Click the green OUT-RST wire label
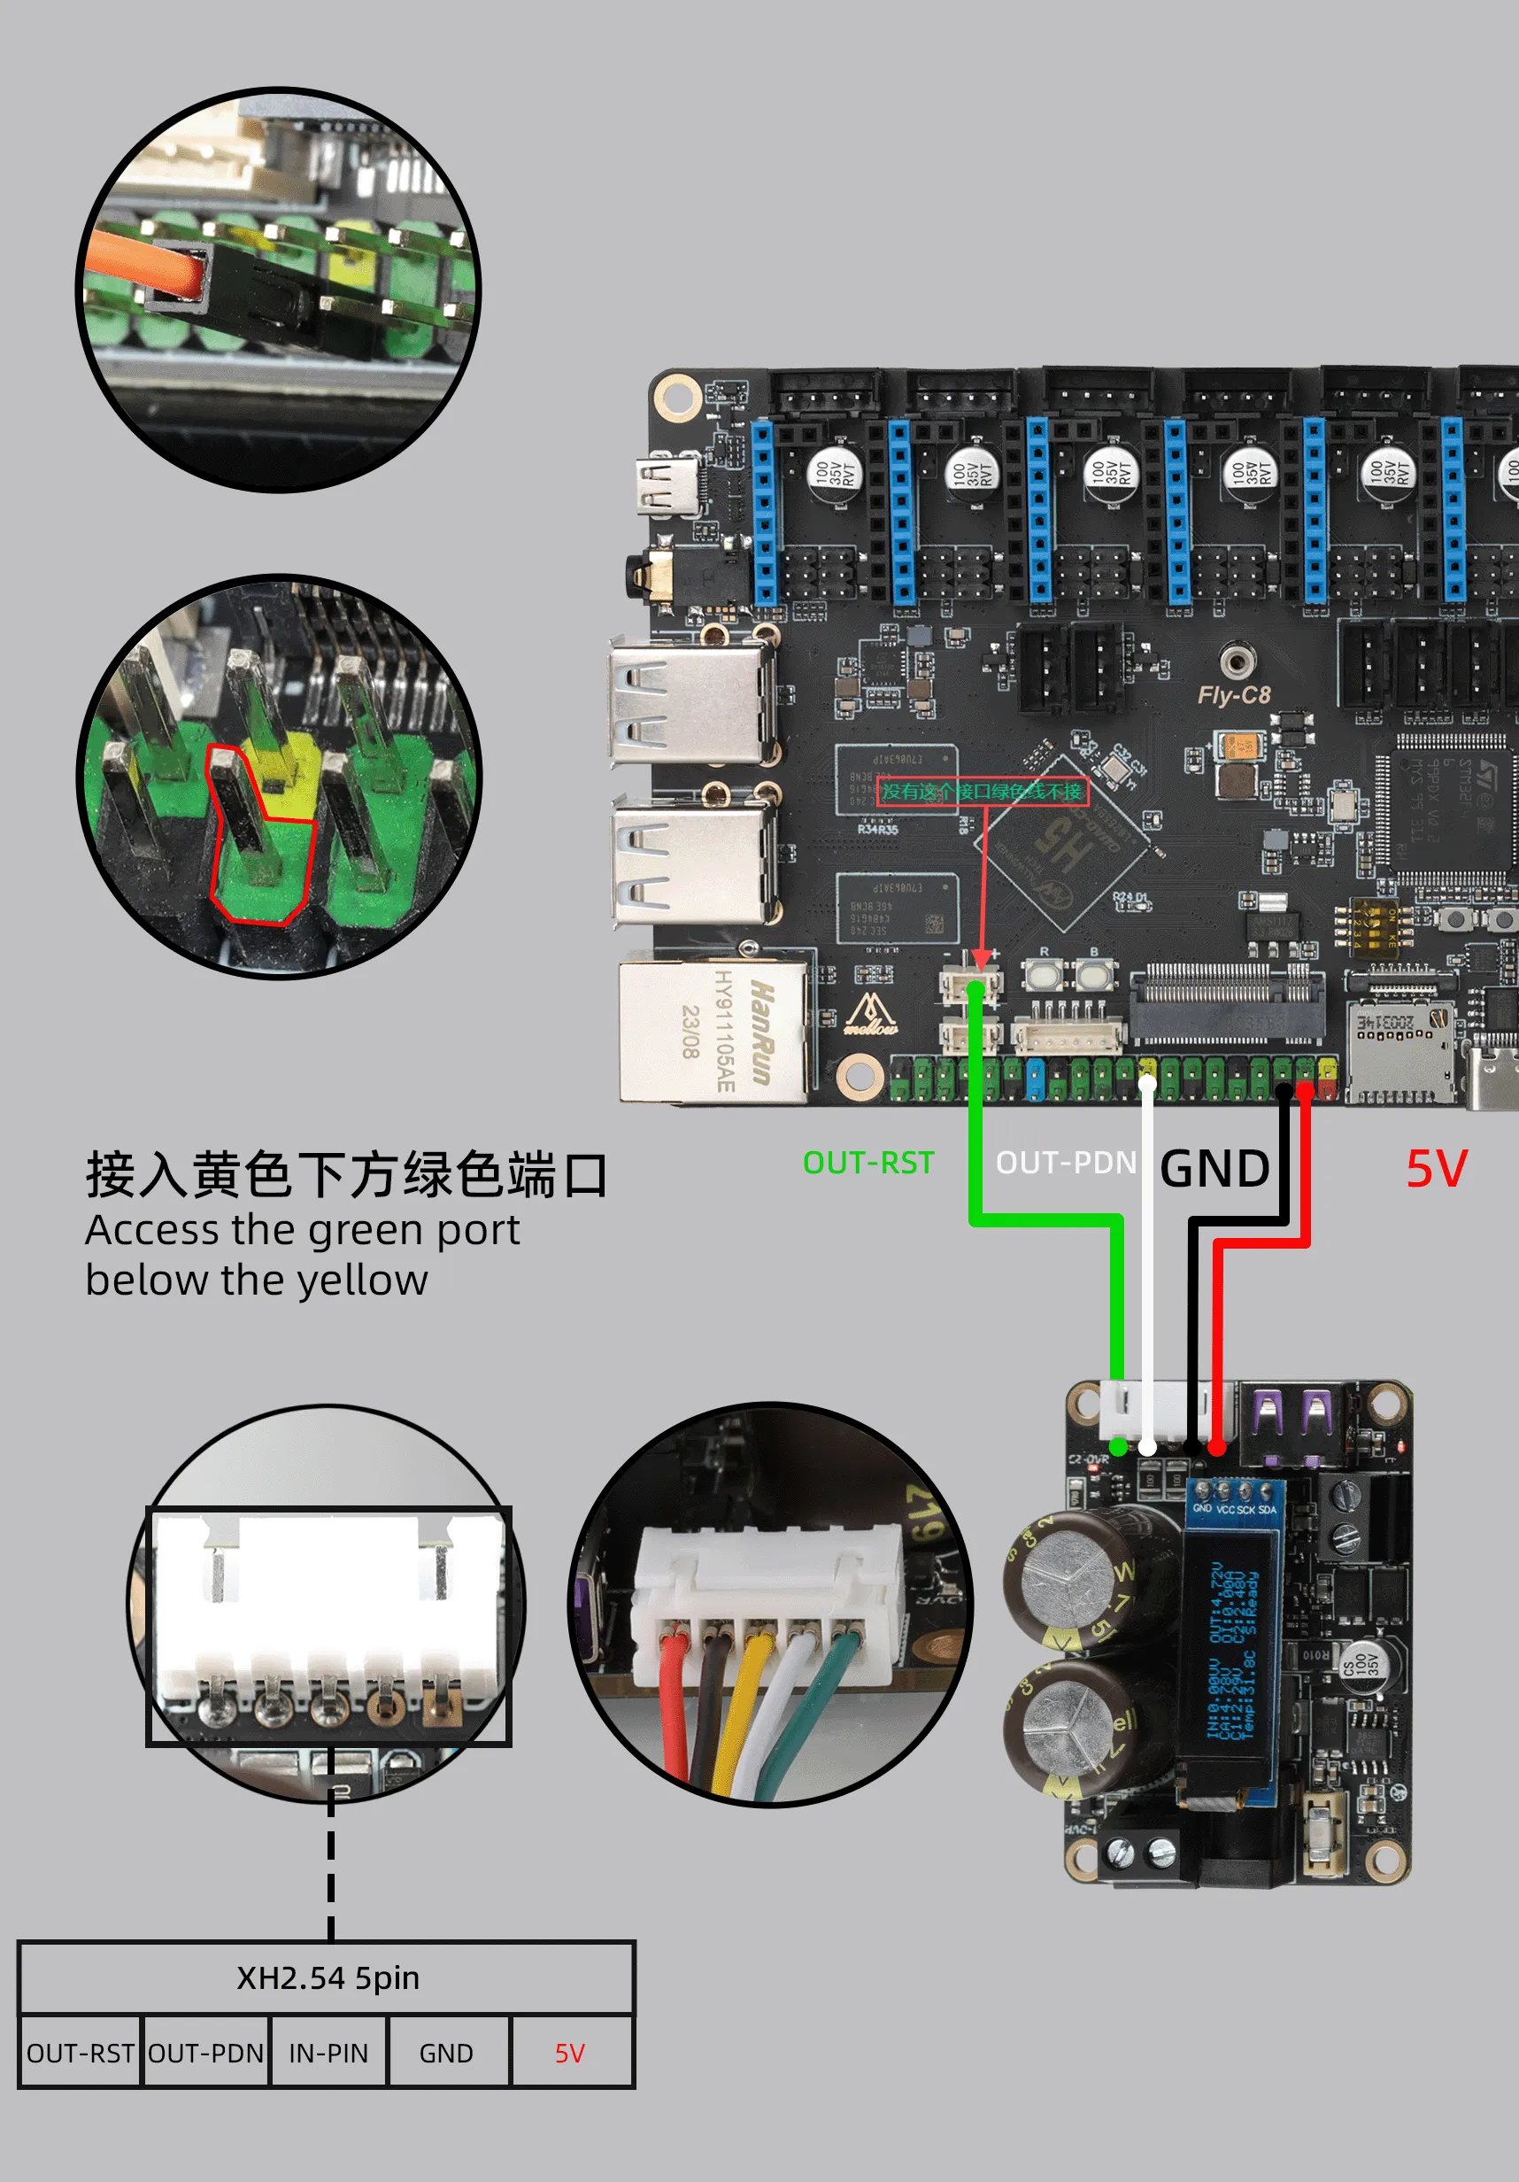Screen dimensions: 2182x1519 click(868, 1162)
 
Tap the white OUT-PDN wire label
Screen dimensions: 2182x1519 click(1065, 1162)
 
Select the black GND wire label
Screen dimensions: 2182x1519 click(1214, 1168)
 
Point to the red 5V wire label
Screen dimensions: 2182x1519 click(1437, 1168)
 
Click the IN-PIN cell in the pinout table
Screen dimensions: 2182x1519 click(328, 2054)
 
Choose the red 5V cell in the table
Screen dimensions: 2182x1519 click(570, 2054)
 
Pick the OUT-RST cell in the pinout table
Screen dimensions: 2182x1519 click(80, 2054)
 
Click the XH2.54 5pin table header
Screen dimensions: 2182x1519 click(328, 1977)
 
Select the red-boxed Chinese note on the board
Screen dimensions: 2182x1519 click(982, 792)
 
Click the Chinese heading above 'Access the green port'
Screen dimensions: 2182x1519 click(347, 1174)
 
